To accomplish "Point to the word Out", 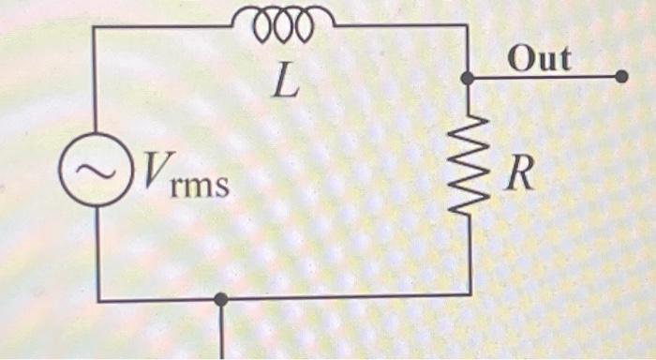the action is [539, 59].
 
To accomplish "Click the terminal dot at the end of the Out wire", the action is [621, 78].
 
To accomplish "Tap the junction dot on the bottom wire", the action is [221, 299].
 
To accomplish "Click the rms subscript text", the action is [199, 185].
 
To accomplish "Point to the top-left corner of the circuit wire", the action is [95, 26].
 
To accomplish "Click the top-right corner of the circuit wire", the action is [467, 26].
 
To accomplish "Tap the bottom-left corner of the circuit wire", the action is [97, 300].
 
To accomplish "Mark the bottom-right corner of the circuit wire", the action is [469, 295].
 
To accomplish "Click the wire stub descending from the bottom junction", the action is [222, 333].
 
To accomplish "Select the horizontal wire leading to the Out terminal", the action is [544, 78].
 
